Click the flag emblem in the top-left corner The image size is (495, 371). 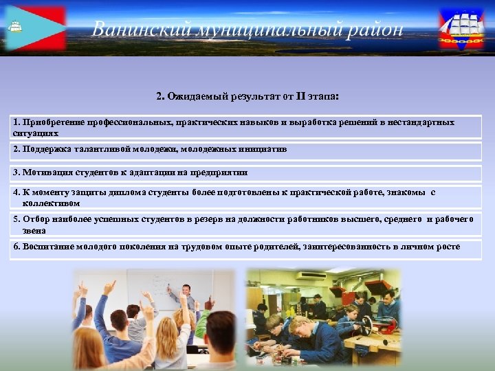pyautogui.click(x=34, y=28)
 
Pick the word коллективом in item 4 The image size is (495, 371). pyautogui.click(x=51, y=203)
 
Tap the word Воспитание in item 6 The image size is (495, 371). pyautogui.click(x=48, y=247)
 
